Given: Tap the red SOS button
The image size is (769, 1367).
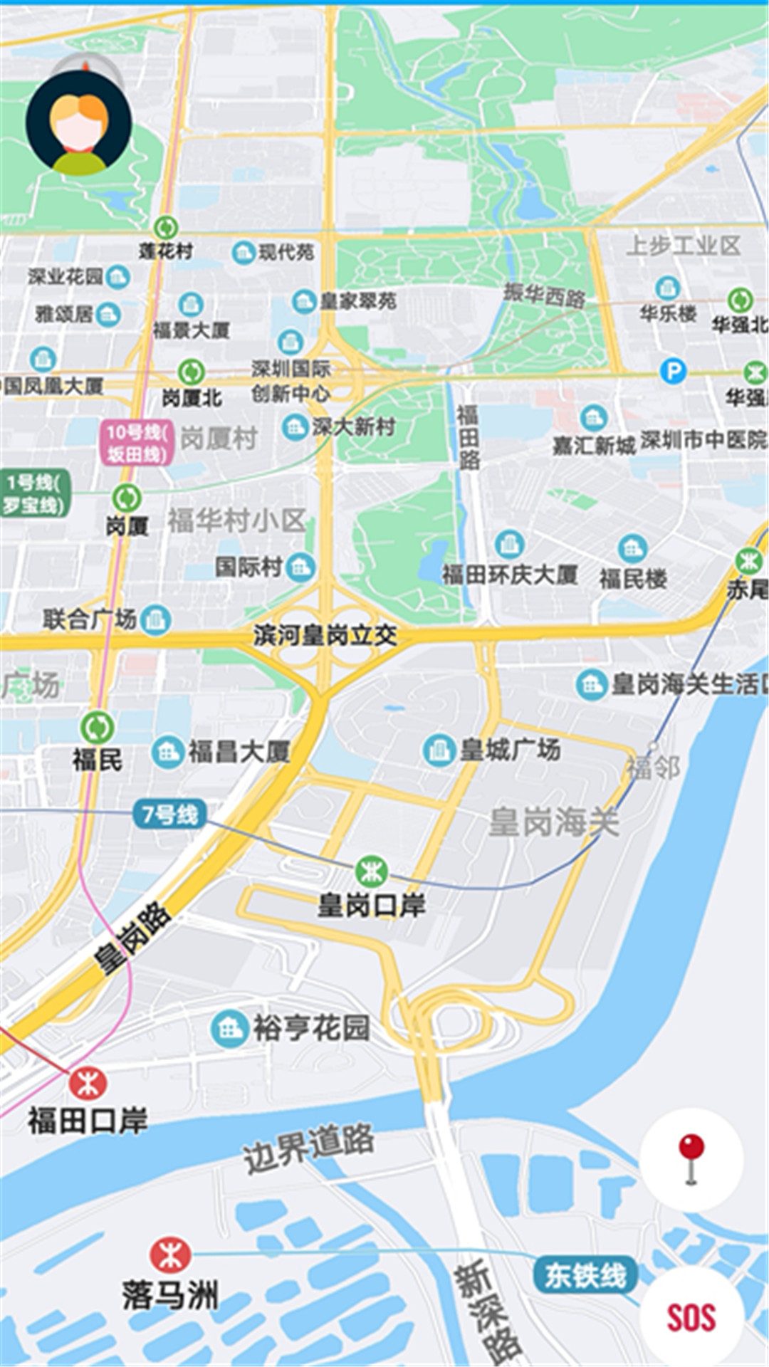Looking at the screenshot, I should pos(691,1316).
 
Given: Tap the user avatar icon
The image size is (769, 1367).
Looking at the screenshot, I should pos(79,123).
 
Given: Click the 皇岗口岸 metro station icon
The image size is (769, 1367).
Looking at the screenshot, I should pos(371,871).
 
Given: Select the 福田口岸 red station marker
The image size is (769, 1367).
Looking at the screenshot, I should pos(88,1084).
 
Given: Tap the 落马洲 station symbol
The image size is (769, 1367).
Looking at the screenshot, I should pos(170,1255).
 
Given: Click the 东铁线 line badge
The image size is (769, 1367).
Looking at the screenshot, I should pos(585,1274).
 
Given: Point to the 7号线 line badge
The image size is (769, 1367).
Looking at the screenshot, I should pos(169,814).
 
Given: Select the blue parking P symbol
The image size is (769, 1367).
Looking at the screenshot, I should pos(672,371).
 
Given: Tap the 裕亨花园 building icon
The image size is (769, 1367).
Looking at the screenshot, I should pos(229,1028).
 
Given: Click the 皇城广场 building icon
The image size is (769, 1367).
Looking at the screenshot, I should pos(439,750).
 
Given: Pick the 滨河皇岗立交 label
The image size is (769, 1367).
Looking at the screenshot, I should pos(325,635).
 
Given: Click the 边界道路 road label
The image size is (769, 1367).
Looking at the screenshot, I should pos(308,1148).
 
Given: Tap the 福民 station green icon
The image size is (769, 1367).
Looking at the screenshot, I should pos(98,728).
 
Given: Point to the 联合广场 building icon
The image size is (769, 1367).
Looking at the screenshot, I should pos(155,619).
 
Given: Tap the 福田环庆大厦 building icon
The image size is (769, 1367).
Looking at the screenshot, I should pos(509,545).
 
